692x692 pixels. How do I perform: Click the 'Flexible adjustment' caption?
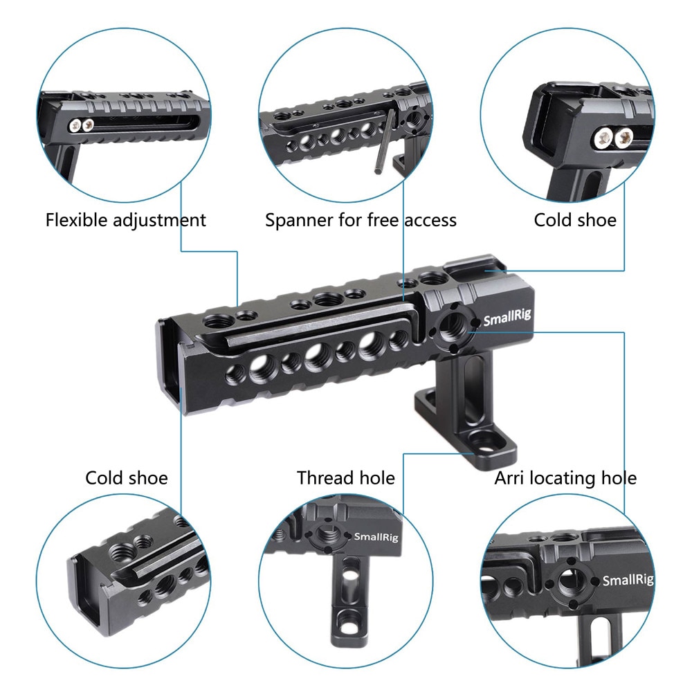126,221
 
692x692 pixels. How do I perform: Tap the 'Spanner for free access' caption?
361,221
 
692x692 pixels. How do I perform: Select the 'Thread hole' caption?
346,478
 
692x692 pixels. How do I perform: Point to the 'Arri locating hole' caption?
565,478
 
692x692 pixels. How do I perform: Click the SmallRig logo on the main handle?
506,320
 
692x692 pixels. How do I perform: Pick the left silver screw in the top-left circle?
75,125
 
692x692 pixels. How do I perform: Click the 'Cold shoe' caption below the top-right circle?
575,221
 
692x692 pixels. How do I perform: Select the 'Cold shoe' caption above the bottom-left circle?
127,478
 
